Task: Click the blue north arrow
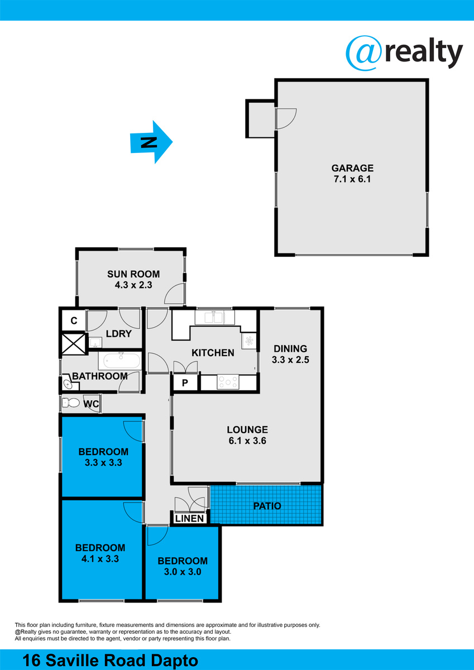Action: pos(151,142)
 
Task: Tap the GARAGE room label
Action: pos(352,168)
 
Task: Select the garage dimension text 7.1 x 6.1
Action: pos(352,179)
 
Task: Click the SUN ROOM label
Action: pos(133,274)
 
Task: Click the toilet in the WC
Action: pos(70,403)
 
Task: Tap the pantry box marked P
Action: pos(185,383)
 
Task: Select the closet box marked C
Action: pos(74,320)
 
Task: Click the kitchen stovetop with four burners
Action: pos(228,382)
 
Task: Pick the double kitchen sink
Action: pos(214,318)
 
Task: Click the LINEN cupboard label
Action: pos(189,518)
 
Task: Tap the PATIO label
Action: pos(267,506)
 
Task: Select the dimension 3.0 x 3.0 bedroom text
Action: pos(183,572)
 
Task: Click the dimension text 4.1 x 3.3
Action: pos(100,559)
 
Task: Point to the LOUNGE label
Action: pos(247,430)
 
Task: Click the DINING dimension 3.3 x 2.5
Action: pos(290,360)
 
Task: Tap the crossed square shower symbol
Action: pos(74,344)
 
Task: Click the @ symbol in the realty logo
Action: pos(363,53)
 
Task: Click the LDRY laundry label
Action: pos(119,334)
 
